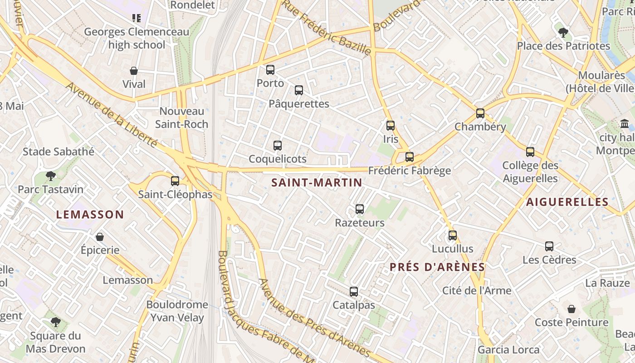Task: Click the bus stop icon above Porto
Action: coord(270,70)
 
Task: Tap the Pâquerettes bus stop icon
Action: coord(299,90)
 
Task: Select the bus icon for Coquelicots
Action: coord(278,146)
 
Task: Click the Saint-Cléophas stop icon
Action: coord(175,181)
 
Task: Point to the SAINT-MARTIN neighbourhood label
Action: coord(317,183)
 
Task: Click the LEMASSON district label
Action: coord(90,215)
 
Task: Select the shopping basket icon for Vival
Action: coord(134,71)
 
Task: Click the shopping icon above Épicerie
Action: coord(100,237)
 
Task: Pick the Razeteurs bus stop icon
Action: coord(360,209)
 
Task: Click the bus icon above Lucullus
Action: coord(452,235)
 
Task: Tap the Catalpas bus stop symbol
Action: coord(354,292)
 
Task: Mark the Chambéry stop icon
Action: coord(480,113)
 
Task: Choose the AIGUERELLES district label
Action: coord(567,202)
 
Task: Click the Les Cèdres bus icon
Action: coord(549,246)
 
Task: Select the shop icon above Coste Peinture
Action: coord(571,309)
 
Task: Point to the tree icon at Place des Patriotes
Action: coord(563,33)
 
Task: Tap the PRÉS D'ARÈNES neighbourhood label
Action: coord(437,267)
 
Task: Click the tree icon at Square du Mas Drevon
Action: coord(56,322)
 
